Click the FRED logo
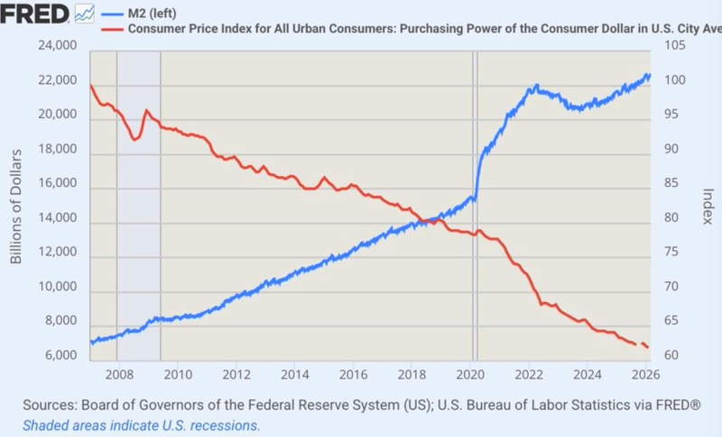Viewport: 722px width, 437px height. (x=35, y=13)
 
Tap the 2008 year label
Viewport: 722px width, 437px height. (x=118, y=374)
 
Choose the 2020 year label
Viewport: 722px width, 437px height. (x=471, y=374)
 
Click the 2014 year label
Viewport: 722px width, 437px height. (x=295, y=374)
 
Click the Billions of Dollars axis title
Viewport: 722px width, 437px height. (x=16, y=204)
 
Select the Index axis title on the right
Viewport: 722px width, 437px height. (x=708, y=207)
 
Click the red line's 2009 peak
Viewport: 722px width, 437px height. (x=146, y=111)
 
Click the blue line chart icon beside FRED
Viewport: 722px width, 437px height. (x=85, y=13)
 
